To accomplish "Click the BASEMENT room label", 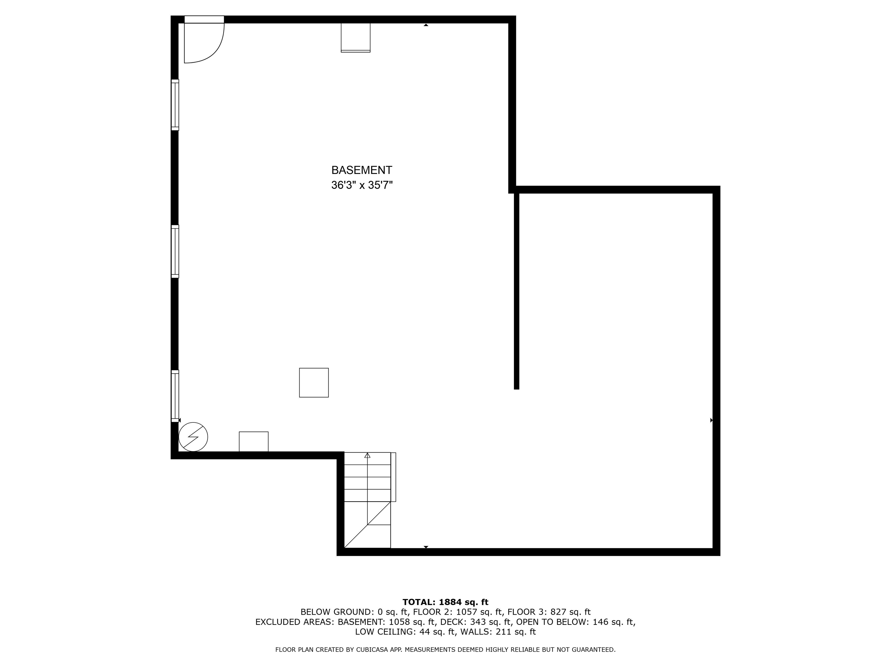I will tap(361, 170).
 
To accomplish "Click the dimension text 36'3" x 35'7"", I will tap(361, 185).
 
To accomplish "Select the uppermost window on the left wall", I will tap(175, 105).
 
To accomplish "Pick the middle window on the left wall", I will tap(175, 251).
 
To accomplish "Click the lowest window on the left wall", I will tap(175, 396).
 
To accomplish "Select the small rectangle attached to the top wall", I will tap(355, 37).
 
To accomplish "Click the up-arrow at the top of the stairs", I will tap(367, 455).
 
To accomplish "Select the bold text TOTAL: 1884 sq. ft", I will tap(445, 602).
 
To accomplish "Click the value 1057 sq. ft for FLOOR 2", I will tap(479, 612).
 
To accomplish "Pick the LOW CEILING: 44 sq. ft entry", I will tap(405, 632).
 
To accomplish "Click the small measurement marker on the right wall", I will tap(711, 420).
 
